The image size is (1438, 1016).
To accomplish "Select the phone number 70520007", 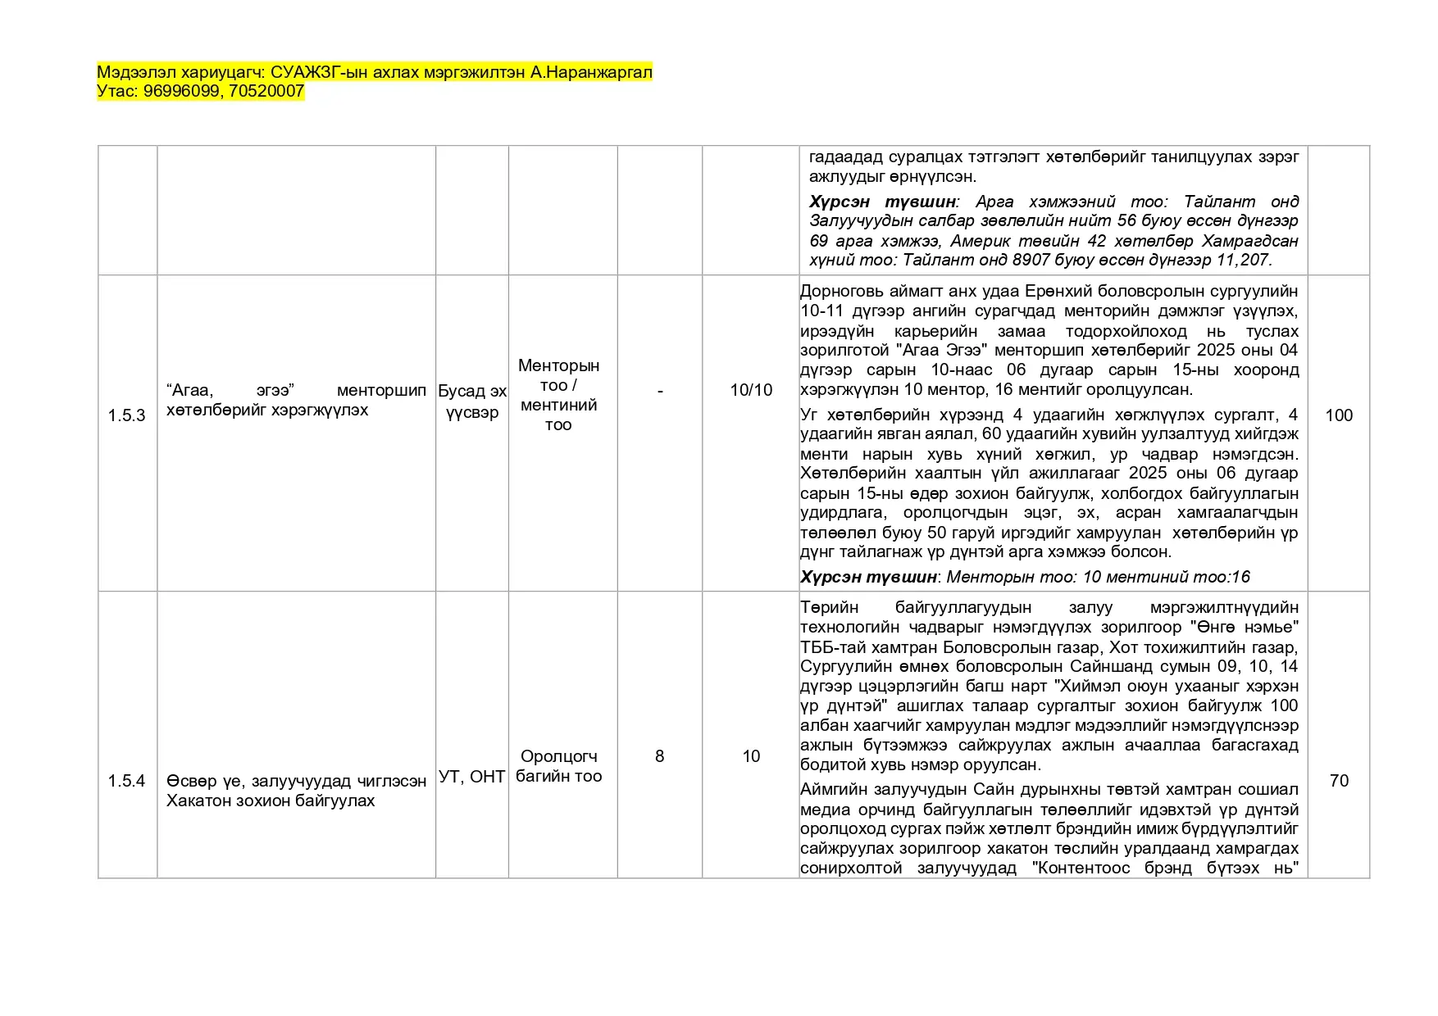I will coord(266,91).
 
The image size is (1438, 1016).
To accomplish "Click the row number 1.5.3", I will coord(126,415).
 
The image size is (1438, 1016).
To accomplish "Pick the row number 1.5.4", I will coord(126,781).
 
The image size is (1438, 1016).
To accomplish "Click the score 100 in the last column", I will coord(1339,415).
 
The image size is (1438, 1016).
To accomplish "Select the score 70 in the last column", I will coord(1339,781).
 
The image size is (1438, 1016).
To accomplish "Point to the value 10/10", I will coord(751,390).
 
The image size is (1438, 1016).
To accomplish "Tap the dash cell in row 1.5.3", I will coord(660,390).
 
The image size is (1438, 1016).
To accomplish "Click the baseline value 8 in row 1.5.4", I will coord(660,756).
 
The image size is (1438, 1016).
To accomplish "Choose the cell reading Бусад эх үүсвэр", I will coord(472,401).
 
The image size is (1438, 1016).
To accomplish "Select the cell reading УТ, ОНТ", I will coord(472,776).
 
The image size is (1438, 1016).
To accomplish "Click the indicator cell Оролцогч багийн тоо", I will coord(559,766).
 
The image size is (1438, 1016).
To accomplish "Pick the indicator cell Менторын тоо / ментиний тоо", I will coord(559,395).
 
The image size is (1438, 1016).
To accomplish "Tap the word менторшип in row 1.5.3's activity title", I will coord(381,390).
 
